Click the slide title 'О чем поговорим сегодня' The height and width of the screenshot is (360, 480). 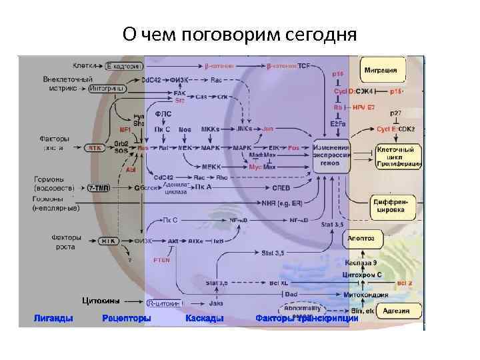click(240, 33)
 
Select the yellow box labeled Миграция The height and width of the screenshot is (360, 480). click(384, 69)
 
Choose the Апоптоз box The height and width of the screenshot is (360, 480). click(362, 237)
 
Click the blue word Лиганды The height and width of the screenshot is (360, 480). click(53, 319)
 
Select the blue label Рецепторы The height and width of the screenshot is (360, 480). click(127, 319)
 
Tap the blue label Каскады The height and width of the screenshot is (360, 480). click(204, 319)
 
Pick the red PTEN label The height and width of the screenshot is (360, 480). click(161, 260)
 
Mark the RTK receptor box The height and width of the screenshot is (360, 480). click(97, 148)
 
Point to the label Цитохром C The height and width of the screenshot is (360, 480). click(362, 274)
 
